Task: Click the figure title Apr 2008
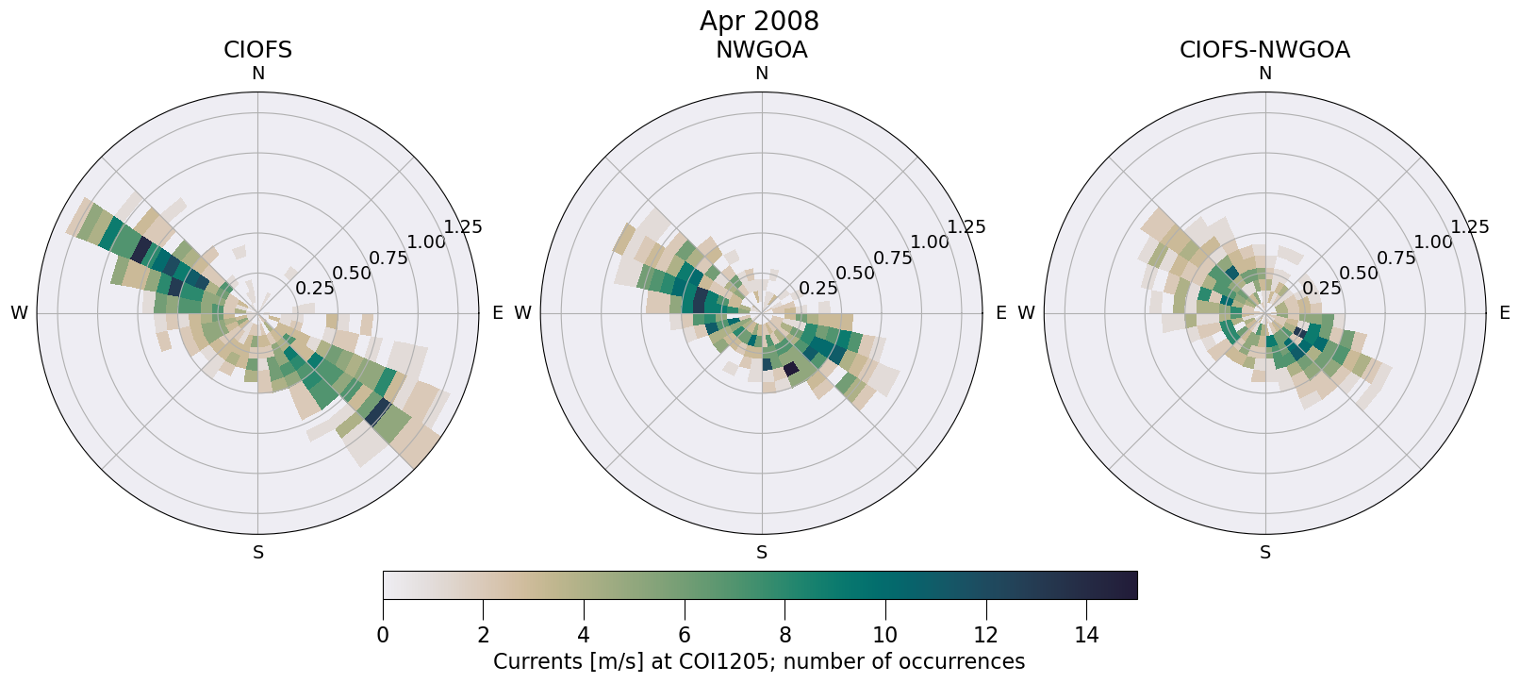click(759, 21)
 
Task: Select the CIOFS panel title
click(257, 50)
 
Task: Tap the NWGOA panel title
click(761, 50)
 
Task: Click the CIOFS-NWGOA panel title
click(1264, 50)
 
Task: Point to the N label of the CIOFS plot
click(257, 74)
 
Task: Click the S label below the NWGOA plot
click(762, 553)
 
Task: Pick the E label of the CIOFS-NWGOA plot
click(1504, 313)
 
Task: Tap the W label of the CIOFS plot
click(19, 313)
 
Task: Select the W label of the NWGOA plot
click(522, 313)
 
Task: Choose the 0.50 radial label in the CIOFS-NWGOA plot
click(1359, 274)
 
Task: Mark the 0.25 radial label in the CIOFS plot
click(315, 289)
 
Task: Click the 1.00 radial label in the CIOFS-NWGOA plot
click(1433, 242)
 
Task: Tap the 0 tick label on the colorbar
click(383, 636)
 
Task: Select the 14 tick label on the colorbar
click(1086, 636)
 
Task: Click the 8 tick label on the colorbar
click(784, 636)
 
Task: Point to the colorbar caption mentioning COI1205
click(759, 661)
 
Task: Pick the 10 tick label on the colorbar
click(885, 636)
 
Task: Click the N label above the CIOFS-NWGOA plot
click(1265, 74)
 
